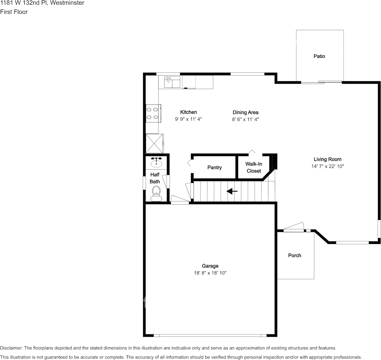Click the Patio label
(x=319, y=56)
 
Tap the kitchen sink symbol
(x=172, y=82)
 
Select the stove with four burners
(x=153, y=113)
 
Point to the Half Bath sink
(x=157, y=163)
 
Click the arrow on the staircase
(x=232, y=191)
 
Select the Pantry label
(x=215, y=168)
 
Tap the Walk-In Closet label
(x=254, y=167)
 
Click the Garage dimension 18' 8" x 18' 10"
(x=210, y=273)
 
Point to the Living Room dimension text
(x=327, y=166)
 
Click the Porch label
(x=295, y=255)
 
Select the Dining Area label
(x=245, y=112)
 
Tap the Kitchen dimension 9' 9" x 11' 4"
(x=188, y=119)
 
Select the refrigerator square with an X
(x=154, y=143)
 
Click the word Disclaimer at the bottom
(x=11, y=348)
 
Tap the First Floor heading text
(x=14, y=12)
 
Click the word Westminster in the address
(x=69, y=3)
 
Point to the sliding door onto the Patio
(x=321, y=82)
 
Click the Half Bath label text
(x=155, y=178)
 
